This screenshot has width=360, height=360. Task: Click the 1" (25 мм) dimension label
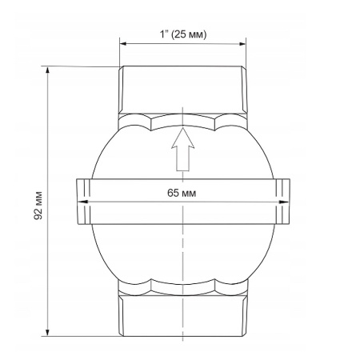pyautogui.click(x=183, y=34)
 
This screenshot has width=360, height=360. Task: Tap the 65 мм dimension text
pyautogui.click(x=182, y=193)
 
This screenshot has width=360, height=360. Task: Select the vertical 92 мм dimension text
pyautogui.click(x=38, y=206)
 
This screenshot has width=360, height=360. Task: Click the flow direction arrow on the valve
pyautogui.click(x=182, y=150)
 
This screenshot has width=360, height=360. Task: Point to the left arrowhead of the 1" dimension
pyautogui.click(x=122, y=44)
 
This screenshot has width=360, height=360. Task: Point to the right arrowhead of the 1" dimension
pyautogui.click(x=242, y=44)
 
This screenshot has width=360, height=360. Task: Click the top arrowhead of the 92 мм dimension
pyautogui.click(x=48, y=70)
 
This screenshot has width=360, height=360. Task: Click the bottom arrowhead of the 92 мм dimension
pyautogui.click(x=48, y=333)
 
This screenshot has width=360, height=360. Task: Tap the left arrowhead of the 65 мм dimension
pyautogui.click(x=82, y=202)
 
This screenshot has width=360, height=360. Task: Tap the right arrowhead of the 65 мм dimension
pyautogui.click(x=283, y=202)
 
